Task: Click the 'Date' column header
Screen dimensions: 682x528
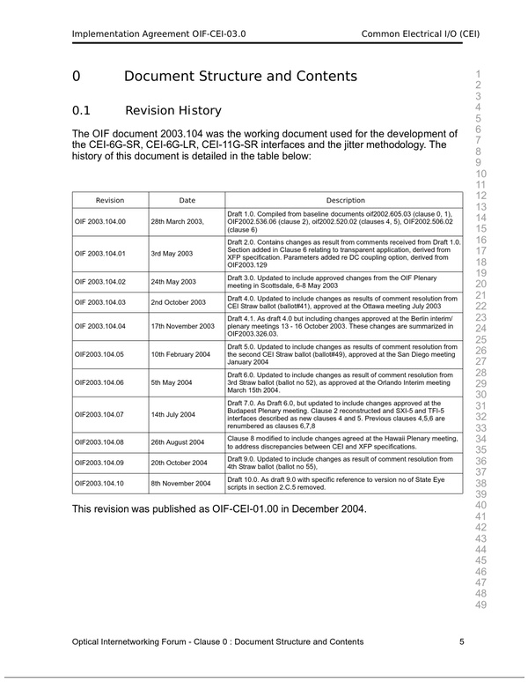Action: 187,200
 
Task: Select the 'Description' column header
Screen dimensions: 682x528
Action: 345,200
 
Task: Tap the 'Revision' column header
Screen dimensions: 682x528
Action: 110,200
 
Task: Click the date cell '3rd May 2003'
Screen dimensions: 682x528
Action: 172,253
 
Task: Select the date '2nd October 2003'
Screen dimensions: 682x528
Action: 179,302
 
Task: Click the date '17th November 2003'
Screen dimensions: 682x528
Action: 182,326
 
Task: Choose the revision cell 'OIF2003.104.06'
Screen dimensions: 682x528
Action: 99,382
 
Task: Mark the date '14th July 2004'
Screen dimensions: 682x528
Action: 173,414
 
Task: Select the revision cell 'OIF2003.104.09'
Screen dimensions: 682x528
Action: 99,462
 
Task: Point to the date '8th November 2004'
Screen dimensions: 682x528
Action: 180,483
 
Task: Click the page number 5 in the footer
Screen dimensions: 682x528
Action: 462,642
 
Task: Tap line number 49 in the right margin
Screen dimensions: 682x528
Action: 480,604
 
